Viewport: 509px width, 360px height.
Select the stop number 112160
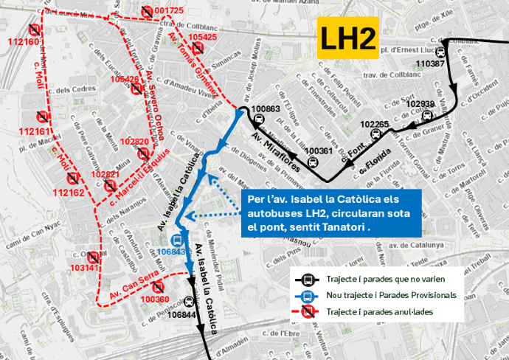24,42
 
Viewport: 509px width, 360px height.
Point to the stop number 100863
266,109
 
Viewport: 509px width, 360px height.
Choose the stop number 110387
430,64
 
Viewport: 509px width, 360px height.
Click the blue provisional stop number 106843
171,252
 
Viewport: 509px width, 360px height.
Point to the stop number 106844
182,315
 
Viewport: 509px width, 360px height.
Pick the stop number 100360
155,300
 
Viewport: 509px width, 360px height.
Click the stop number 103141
83,267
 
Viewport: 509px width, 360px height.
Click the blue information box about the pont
330,213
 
